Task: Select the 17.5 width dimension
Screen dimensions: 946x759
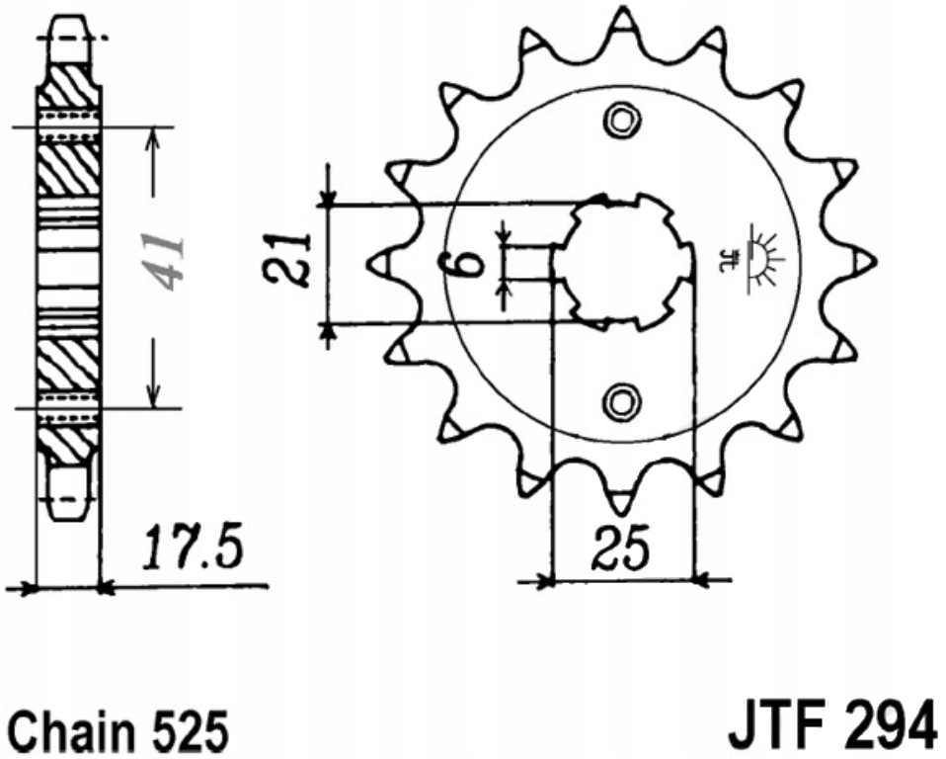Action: pyautogui.click(x=193, y=548)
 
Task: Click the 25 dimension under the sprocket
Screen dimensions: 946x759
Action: pyautogui.click(x=621, y=548)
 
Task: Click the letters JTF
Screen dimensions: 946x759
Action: pyautogui.click(x=778, y=728)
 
